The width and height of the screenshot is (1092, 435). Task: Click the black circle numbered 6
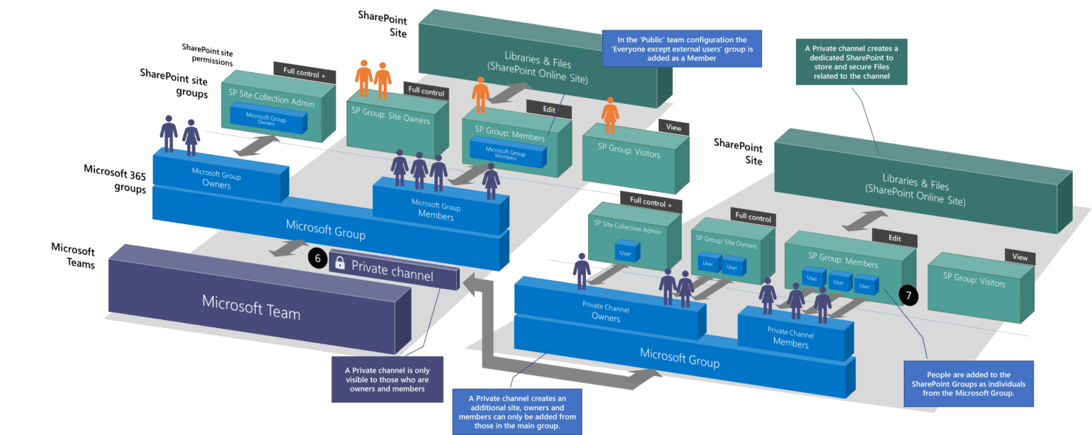317,260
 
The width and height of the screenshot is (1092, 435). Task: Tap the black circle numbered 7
908,296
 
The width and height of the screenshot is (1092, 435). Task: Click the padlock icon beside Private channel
340,263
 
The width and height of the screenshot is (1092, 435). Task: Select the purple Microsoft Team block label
251,307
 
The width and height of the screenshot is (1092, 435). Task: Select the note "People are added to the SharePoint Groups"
958,385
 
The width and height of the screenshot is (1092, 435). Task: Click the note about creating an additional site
516,411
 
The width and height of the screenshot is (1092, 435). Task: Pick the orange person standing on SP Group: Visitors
609,115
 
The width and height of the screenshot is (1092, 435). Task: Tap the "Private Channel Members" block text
790,337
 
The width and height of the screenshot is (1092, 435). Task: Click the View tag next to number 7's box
1020,257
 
